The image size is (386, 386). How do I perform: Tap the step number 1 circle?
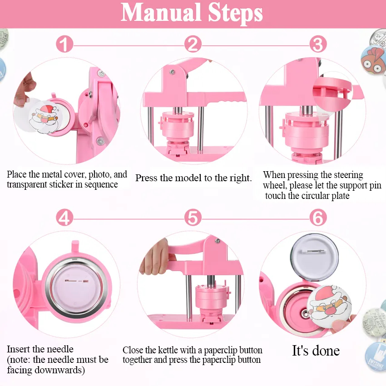(64, 45)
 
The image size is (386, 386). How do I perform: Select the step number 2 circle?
(193, 45)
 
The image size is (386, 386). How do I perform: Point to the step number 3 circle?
(318, 45)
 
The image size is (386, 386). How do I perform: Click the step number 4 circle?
(64, 218)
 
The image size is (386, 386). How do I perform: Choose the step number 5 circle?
(193, 218)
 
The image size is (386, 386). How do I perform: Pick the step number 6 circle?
(318, 218)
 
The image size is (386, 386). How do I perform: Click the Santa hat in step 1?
(48, 109)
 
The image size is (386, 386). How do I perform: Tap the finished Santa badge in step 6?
(329, 306)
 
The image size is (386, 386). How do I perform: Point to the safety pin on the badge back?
(312, 251)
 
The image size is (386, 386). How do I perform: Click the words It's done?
(316, 351)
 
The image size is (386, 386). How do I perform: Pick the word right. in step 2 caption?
(241, 178)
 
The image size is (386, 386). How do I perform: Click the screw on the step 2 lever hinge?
(172, 72)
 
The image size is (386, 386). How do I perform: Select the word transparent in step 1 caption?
(31, 185)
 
